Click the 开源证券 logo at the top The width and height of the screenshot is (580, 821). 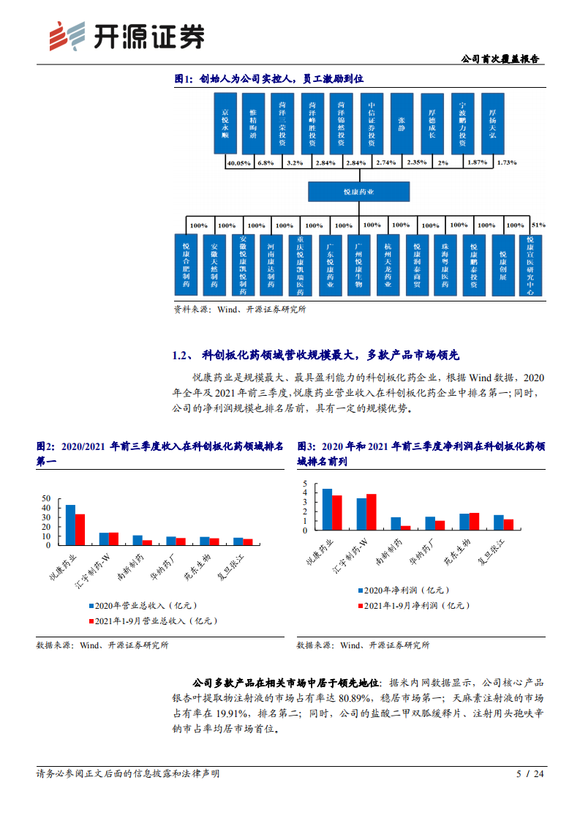(127, 35)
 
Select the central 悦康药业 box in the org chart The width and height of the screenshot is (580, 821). (358, 192)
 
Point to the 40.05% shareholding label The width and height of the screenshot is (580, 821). (239, 162)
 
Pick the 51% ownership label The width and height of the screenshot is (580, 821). (539, 225)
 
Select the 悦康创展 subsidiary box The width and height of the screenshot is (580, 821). (502, 263)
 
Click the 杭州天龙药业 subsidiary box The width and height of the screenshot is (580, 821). (387, 263)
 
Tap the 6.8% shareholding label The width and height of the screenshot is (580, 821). (265, 162)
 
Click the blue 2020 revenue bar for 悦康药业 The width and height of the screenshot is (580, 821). (70, 525)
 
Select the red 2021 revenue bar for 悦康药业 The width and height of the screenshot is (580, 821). (80, 530)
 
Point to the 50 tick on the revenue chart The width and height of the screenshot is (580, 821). (47, 498)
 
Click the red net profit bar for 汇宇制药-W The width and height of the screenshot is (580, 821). (371, 512)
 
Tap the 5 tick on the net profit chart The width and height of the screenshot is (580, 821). (307, 484)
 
